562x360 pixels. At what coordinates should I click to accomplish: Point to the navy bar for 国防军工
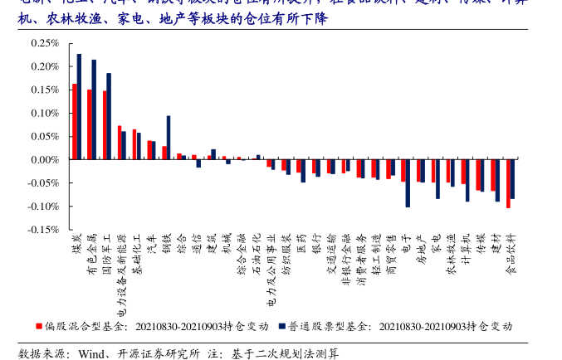coord(109,116)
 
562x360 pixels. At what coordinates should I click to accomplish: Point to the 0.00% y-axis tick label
coord(41,159)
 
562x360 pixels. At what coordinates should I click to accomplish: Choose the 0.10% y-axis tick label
coord(41,112)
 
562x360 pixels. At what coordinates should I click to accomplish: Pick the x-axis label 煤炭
coord(76,244)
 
